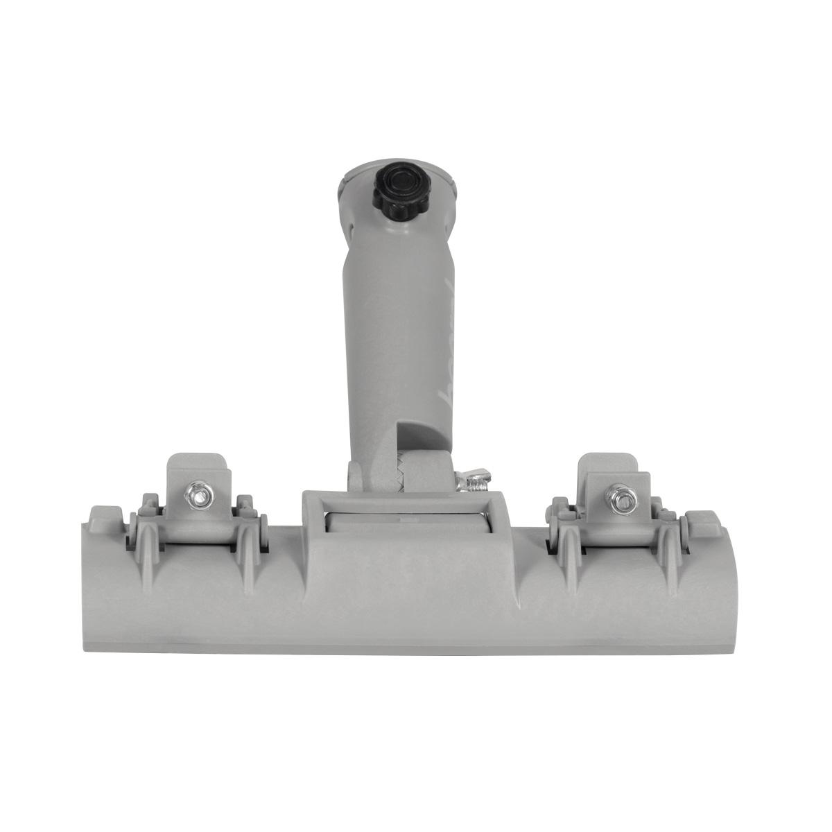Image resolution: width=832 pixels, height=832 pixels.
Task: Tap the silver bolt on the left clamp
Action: click(198, 495)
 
